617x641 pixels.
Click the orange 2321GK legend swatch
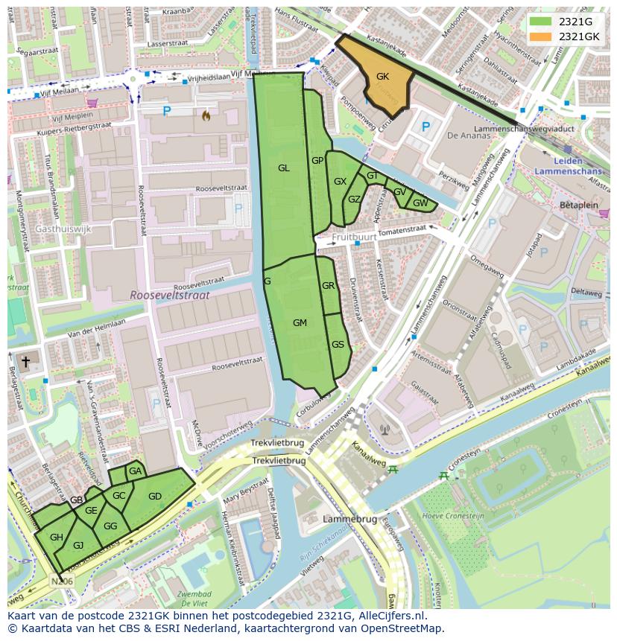[540, 36]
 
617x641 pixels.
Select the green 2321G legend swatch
[540, 22]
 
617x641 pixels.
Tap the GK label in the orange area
[382, 77]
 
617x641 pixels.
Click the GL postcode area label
[284, 168]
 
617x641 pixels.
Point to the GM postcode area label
[300, 323]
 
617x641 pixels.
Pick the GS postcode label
[338, 345]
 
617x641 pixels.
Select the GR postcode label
[328, 286]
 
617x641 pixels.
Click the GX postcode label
[340, 182]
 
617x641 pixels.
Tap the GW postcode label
[420, 203]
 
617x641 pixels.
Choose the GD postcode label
[155, 497]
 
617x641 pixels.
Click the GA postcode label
[135, 471]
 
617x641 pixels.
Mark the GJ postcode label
[78, 545]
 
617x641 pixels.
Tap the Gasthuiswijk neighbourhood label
[63, 229]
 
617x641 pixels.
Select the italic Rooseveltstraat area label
[169, 295]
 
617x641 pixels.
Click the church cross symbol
[25, 362]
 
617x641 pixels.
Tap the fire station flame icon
[206, 115]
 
